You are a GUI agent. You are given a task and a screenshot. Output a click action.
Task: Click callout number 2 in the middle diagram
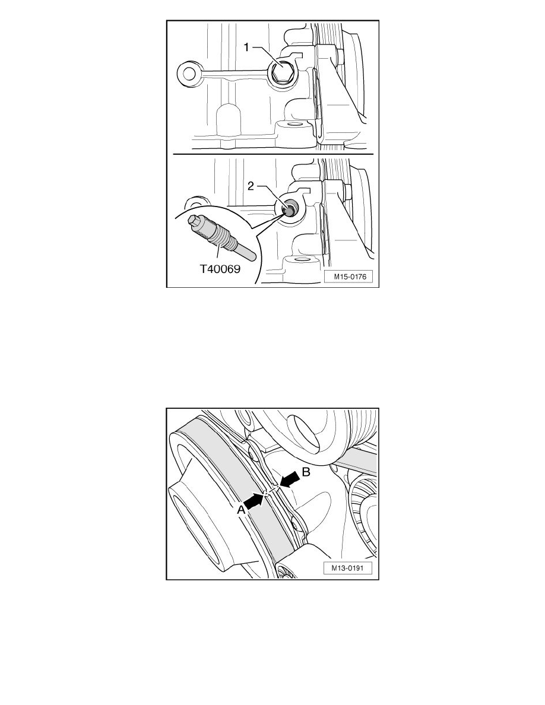(x=251, y=186)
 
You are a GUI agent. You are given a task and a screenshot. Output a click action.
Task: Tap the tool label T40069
(x=220, y=269)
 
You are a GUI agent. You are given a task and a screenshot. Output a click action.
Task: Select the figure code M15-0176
(x=350, y=277)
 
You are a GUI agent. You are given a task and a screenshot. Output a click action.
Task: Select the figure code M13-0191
(x=348, y=568)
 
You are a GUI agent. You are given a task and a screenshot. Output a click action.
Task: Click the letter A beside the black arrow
(x=242, y=509)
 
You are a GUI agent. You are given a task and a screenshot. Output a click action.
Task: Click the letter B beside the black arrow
(x=306, y=472)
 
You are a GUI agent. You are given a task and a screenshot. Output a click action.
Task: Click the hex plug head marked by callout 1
(x=281, y=72)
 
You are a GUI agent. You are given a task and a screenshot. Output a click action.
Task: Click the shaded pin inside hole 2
(x=289, y=209)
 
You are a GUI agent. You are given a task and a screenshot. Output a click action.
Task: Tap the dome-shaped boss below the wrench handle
(x=229, y=119)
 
